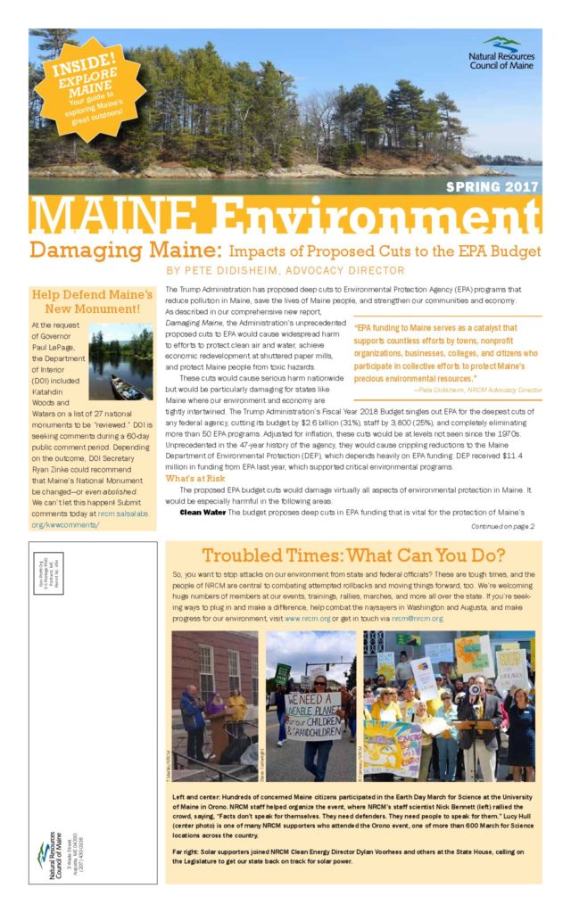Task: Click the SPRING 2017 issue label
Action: [x=492, y=186]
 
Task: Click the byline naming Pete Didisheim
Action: [x=285, y=270]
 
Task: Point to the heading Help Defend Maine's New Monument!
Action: [x=92, y=300]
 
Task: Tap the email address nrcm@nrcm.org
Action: [x=417, y=618]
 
